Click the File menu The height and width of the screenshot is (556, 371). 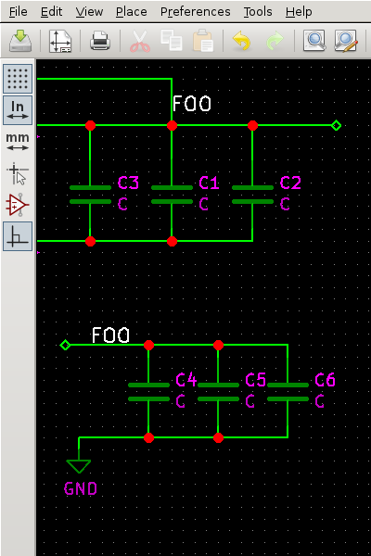(19, 12)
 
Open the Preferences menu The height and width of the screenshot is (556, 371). (195, 12)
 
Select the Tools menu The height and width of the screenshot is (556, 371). (258, 12)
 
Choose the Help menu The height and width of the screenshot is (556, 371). (299, 12)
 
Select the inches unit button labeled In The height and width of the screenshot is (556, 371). (18, 109)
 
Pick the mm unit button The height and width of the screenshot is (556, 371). (18, 141)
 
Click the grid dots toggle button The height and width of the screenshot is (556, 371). (18, 78)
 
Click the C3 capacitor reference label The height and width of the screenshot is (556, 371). (128, 183)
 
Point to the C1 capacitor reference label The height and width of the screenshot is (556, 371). (210, 183)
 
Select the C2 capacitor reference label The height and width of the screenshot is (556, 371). (290, 183)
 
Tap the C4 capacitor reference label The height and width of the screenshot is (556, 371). (186, 380)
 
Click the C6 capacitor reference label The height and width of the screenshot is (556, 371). (325, 380)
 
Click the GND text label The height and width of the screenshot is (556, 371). (81, 488)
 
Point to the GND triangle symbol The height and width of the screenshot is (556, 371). (79, 465)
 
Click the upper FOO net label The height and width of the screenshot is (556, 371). (191, 104)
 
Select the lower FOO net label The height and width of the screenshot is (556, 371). (110, 335)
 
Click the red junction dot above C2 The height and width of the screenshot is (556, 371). (252, 125)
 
